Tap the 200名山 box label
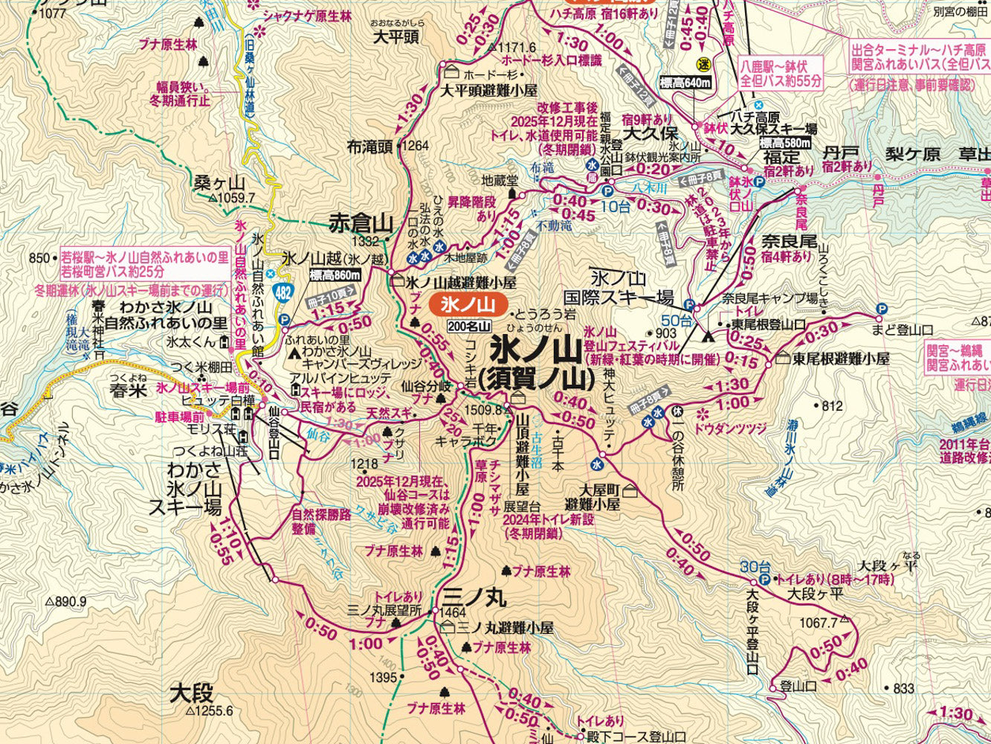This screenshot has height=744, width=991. pyautogui.click(x=469, y=326)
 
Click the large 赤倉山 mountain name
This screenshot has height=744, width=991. pyautogui.click(x=361, y=222)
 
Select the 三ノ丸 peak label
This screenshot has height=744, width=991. pyautogui.click(x=474, y=597)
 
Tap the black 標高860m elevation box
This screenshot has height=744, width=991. pyautogui.click(x=335, y=275)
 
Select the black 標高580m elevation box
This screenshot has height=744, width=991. pyautogui.click(x=785, y=142)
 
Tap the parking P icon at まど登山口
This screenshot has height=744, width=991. pyautogui.click(x=882, y=309)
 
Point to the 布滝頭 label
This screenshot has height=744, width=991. pyautogui.click(x=369, y=147)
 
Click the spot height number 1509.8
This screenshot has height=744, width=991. pyautogui.click(x=485, y=408)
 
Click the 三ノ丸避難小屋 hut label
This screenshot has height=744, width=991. pyautogui.click(x=506, y=628)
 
